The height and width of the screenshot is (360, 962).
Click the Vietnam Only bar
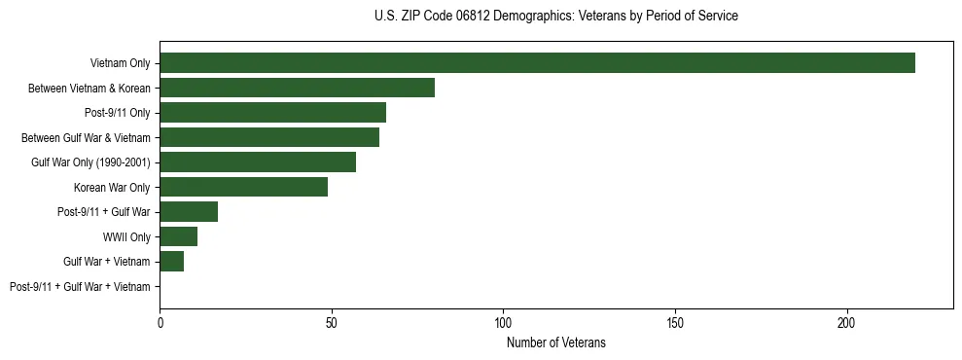point(537,63)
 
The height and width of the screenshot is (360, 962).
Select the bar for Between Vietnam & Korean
point(297,88)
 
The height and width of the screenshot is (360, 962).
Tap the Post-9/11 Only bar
point(272,113)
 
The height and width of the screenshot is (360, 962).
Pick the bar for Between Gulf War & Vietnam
point(269,137)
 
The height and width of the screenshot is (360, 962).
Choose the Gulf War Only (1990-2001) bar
point(258,162)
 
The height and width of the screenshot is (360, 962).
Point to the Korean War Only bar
point(243,187)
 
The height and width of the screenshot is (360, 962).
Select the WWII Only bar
point(178,236)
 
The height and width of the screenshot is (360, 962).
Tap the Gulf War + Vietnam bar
point(171,262)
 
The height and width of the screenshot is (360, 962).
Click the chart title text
point(555,17)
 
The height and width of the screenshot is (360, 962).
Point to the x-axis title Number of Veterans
point(555,342)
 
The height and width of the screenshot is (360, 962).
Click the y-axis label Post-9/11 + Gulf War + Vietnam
point(80,287)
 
